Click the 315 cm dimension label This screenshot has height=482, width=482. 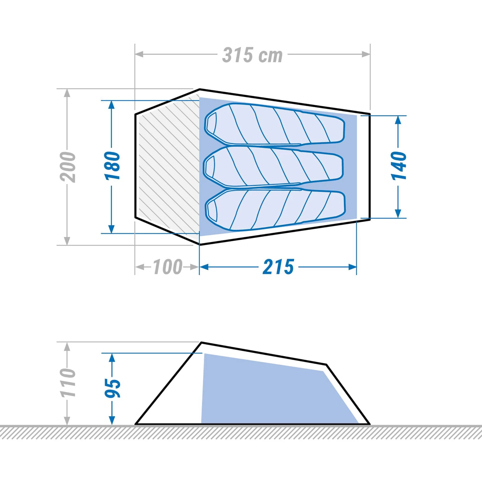pos(253,55)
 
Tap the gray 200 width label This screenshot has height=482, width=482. pos(68,167)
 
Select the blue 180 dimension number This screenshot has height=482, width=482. pos(112,166)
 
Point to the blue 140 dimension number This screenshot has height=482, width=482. pos(398,166)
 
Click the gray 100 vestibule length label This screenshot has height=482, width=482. pos(168,267)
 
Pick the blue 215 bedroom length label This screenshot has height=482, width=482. pos(278,267)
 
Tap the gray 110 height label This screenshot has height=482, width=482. pos(68,383)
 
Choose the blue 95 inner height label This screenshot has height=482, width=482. pos(112,388)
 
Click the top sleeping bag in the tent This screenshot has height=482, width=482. pos(275,124)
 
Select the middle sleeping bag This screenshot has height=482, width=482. pos(273,166)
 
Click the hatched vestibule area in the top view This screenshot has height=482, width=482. pos(169,167)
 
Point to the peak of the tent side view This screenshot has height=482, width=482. pos(201,343)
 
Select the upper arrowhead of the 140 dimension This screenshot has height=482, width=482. pos(398,120)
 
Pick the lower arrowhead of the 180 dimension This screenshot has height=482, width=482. pos(112,229)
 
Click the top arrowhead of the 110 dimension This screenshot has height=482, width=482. pos(67,346)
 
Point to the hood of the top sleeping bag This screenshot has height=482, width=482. pos(211,123)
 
